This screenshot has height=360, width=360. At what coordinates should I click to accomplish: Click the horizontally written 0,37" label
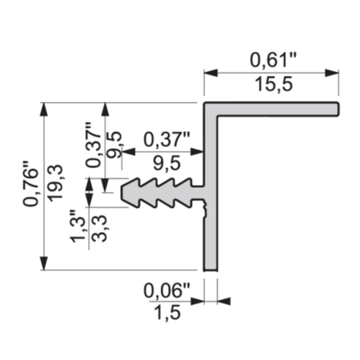[166, 137]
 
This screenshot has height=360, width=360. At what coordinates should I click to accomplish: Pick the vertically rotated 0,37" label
[93, 144]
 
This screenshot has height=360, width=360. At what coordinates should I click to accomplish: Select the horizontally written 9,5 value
[166, 162]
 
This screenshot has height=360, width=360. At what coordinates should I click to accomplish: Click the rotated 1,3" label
[79, 225]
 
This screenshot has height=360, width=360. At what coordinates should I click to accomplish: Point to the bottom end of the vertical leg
[211, 267]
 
